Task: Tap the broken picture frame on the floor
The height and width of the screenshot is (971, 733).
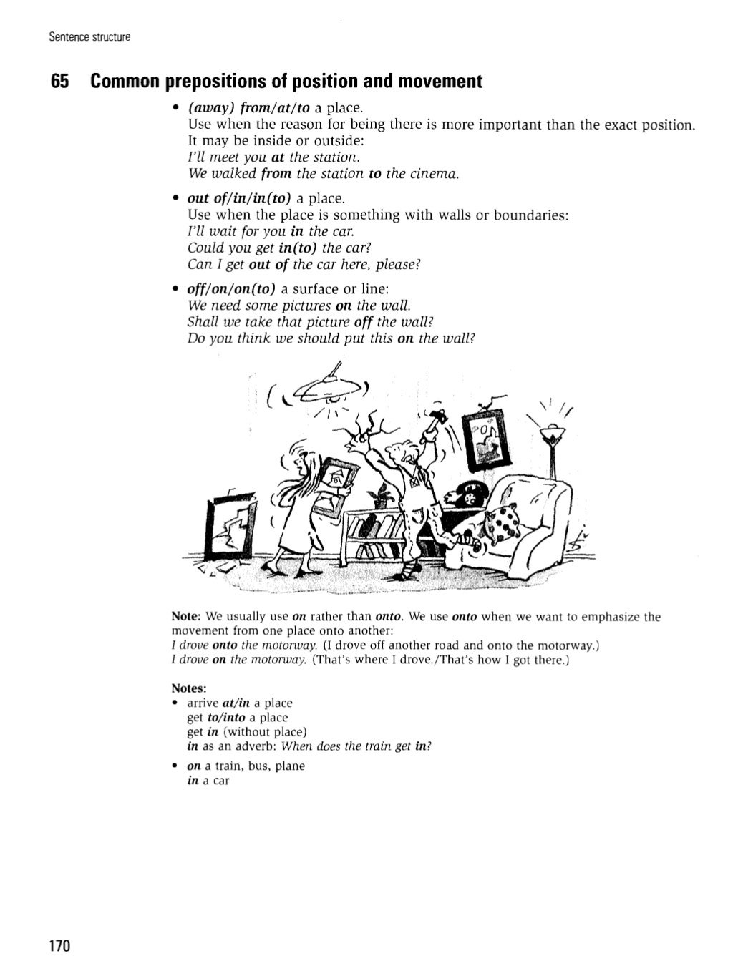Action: coord(229,525)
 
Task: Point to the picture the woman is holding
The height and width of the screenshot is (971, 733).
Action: coord(335,486)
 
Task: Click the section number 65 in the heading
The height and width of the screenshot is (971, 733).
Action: coord(59,82)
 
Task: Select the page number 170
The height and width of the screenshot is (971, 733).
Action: coord(60,946)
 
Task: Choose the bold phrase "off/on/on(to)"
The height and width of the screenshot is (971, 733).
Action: coord(231,288)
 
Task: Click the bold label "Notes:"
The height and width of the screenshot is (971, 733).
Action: coord(189,688)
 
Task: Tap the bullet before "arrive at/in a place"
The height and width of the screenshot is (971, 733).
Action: coord(175,703)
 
